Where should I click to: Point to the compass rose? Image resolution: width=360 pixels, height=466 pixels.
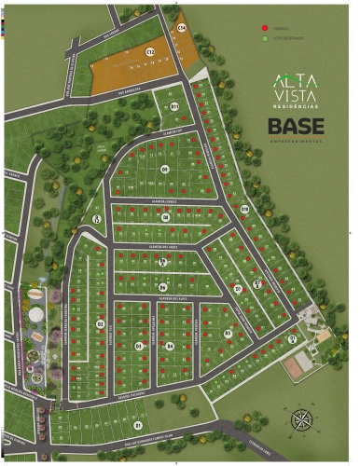click(301, 419)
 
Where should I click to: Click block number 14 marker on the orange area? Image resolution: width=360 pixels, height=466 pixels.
click(182, 29)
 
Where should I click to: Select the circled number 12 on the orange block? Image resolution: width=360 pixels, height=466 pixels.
click(150, 52)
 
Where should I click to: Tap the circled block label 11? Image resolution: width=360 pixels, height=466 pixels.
click(174, 107)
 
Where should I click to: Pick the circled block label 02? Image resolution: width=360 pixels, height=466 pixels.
click(100, 324)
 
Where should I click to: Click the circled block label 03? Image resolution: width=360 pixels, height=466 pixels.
click(139, 346)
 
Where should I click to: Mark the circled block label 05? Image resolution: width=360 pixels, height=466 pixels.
click(228, 333)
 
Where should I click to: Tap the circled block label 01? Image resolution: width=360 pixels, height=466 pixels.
click(138, 425)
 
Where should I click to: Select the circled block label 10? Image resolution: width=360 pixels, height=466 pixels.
click(245, 209)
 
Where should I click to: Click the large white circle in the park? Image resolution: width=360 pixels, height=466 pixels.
click(35, 314)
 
